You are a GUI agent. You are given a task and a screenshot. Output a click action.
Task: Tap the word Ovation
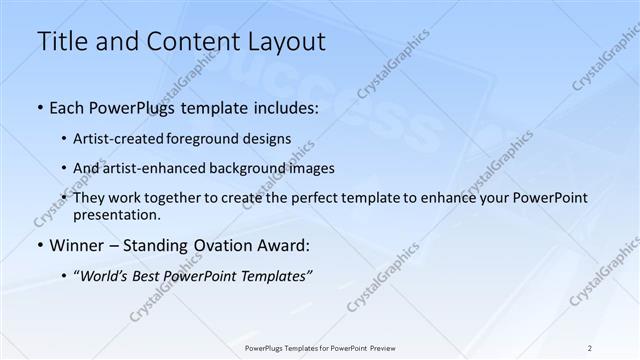[x=220, y=246]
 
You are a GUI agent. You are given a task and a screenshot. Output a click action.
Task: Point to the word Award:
[x=285, y=246]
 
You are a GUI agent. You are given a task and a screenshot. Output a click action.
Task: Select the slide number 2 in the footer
[x=591, y=347]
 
